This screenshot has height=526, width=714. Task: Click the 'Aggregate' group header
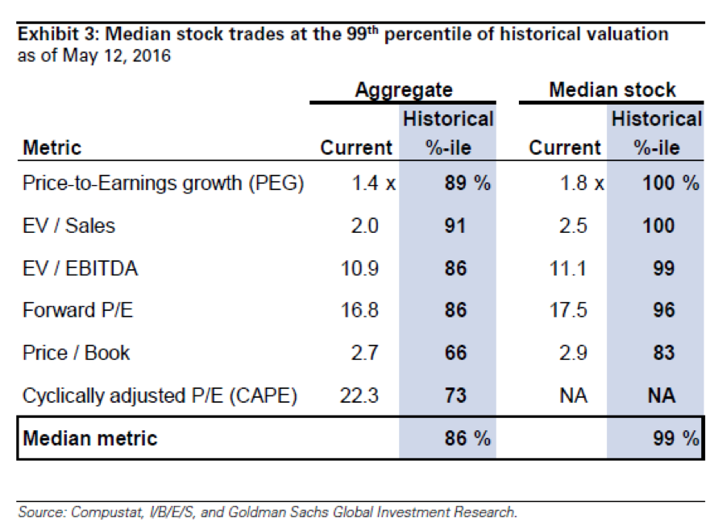tap(403, 89)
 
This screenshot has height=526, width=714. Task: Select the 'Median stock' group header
tap(612, 89)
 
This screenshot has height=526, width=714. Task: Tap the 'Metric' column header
tap(52, 147)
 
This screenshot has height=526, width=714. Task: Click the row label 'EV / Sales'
tap(69, 226)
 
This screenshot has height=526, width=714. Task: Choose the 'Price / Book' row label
tap(77, 353)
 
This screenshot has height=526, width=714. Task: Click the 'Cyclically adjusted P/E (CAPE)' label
tap(160, 396)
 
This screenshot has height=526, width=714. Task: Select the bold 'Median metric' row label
tap(90, 438)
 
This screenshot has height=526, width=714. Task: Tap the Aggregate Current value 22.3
tap(360, 396)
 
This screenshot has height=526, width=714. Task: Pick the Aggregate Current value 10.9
tap(360, 268)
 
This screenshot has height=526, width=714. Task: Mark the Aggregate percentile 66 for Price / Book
tap(455, 353)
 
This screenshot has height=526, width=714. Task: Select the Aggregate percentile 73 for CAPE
tap(455, 396)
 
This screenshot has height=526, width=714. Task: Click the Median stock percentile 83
tap(664, 353)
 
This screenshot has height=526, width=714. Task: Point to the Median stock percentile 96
tap(664, 310)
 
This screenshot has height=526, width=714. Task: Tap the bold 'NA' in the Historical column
tap(663, 396)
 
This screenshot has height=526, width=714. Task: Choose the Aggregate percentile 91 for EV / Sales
tap(455, 226)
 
